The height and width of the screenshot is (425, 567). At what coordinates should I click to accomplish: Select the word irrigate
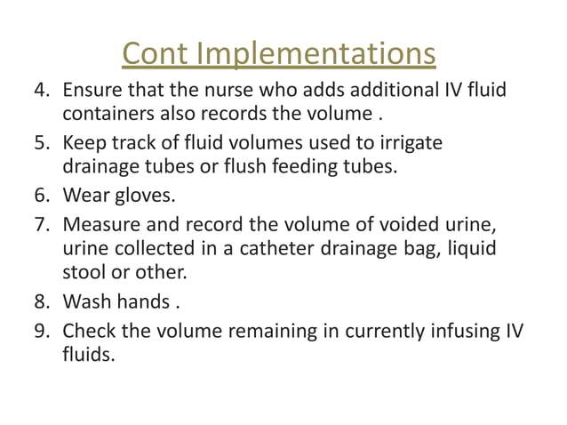pos(410,141)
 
